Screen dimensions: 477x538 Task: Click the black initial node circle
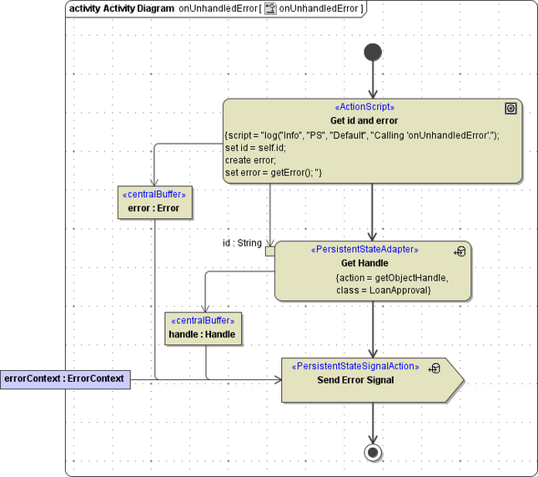coord(372,53)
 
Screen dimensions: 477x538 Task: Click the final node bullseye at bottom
coord(372,453)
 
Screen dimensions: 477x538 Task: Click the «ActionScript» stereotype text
coord(364,108)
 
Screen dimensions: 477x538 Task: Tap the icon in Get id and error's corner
coord(510,109)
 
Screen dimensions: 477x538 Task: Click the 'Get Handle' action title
coord(365,263)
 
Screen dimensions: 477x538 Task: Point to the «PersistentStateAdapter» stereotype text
coord(365,250)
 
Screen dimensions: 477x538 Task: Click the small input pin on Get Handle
coord(269,251)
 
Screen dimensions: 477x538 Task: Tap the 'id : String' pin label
coord(241,243)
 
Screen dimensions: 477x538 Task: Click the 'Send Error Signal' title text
coord(355,380)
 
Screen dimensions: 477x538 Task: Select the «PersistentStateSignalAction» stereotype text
coord(354,367)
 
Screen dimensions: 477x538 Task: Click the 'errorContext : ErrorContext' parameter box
coord(64,379)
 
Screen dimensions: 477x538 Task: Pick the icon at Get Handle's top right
coord(460,251)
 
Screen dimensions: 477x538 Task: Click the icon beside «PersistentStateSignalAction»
coord(434,368)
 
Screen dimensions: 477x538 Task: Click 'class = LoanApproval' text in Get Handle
coord(383,290)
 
